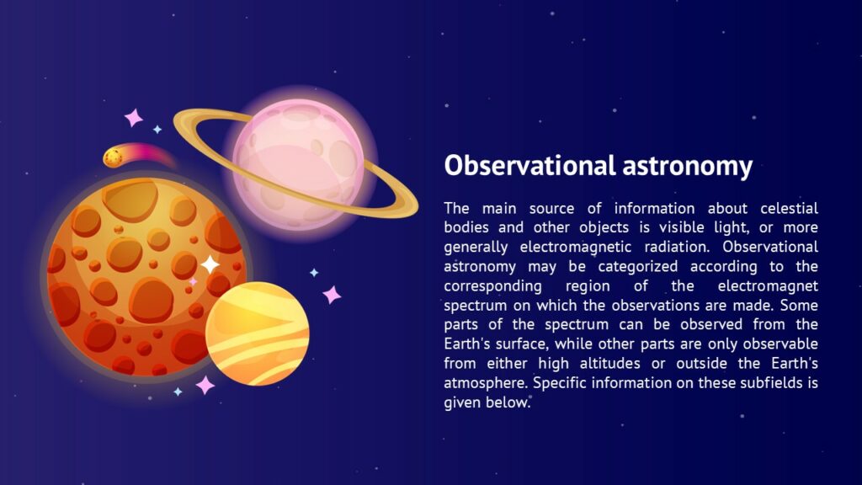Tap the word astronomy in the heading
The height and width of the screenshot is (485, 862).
687,166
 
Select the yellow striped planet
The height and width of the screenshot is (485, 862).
258,333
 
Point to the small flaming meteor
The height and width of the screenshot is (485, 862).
114,157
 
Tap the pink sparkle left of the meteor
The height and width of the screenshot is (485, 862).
133,118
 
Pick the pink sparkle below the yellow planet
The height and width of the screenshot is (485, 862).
205,385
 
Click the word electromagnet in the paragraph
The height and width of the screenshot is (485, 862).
769,285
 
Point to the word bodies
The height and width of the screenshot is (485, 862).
467,227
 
